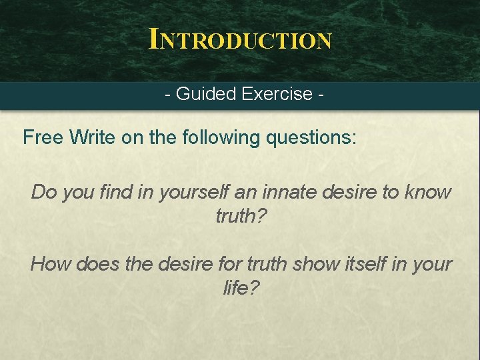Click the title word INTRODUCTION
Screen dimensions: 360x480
240,39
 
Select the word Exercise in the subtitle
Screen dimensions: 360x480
279,94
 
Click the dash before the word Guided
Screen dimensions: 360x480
168,95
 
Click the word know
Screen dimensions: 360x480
430,193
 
